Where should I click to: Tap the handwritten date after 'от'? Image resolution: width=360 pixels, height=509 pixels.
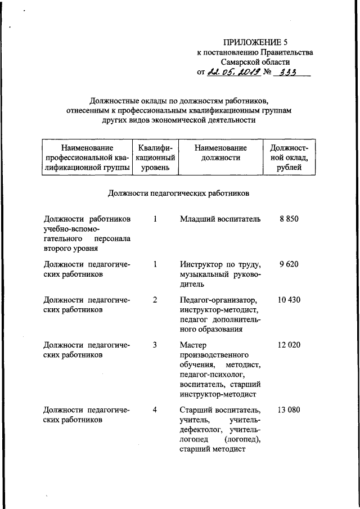pyautogui.click(x=232, y=71)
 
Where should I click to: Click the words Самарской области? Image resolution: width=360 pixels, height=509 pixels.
pyautogui.click(x=255, y=61)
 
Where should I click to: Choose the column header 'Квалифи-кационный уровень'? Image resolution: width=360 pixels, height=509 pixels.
pyautogui.click(x=155, y=157)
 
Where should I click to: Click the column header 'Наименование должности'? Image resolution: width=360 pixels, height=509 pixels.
pyautogui.click(x=220, y=152)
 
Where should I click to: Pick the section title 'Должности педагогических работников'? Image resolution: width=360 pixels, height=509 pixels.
pyautogui.click(x=178, y=193)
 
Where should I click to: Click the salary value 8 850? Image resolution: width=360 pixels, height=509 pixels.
pyautogui.click(x=289, y=219)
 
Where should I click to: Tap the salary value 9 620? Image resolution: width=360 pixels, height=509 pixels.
pyautogui.click(x=289, y=264)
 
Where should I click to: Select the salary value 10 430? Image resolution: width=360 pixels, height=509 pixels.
pyautogui.click(x=289, y=300)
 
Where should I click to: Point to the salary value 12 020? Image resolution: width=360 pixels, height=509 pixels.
pyautogui.click(x=289, y=345)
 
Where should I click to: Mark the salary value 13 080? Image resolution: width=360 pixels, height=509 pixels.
pyautogui.click(x=289, y=409)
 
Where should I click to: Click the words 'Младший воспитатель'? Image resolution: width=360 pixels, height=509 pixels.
pyautogui.click(x=220, y=219)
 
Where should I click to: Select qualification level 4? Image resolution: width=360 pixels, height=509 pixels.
pyautogui.click(x=155, y=409)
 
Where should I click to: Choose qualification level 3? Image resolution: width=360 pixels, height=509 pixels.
pyautogui.click(x=155, y=345)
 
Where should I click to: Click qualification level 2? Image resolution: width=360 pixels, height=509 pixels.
pyautogui.click(x=155, y=300)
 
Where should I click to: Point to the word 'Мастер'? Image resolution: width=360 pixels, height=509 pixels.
pyautogui.click(x=193, y=345)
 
